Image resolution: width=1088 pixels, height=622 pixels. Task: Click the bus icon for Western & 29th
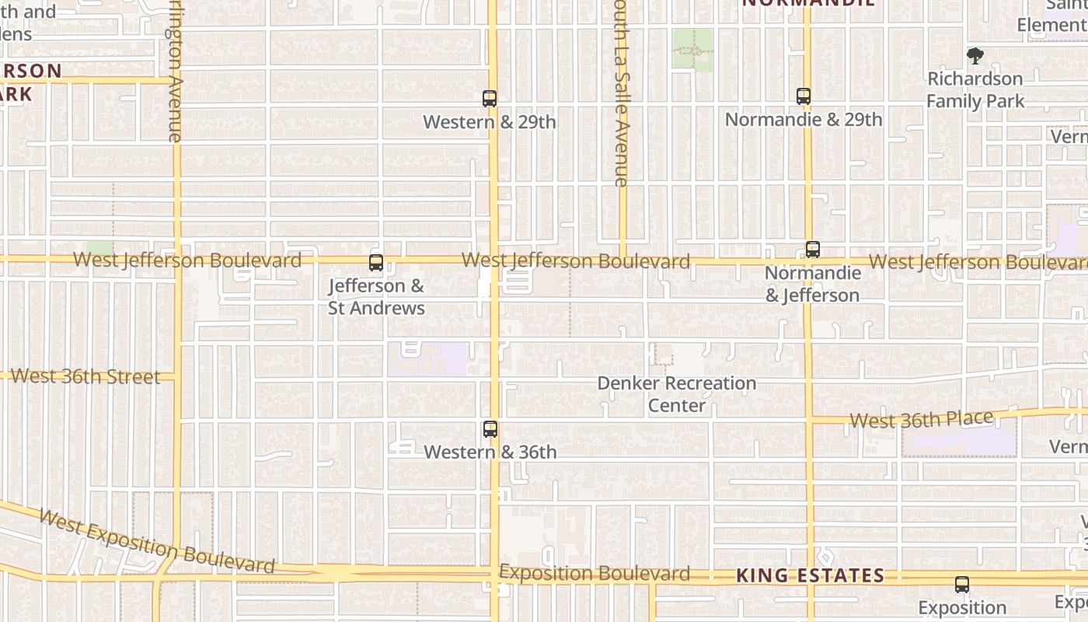490,99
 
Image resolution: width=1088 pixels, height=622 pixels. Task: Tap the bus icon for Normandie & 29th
804,96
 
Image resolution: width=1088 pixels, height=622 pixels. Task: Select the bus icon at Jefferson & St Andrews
376,263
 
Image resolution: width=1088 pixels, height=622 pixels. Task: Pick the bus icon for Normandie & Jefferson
813,250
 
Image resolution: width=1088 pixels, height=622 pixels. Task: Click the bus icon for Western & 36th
490,429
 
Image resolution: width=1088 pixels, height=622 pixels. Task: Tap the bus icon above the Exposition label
962,585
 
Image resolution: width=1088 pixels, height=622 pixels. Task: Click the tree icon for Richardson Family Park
975,56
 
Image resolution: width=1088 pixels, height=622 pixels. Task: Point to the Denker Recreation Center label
677,394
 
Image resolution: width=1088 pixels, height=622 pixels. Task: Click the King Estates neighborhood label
810,575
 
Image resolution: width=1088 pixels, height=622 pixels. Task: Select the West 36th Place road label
921,420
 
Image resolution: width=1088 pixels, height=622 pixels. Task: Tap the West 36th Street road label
85,376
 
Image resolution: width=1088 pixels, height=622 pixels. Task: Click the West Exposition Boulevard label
156,541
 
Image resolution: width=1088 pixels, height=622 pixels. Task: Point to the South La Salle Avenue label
619,93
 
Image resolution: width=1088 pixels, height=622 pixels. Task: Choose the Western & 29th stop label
490,122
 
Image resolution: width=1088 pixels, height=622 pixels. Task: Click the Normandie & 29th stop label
804,120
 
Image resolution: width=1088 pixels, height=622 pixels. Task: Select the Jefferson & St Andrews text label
376,297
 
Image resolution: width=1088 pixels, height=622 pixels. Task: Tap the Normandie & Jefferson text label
813,284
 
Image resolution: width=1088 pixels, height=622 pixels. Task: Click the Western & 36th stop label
490,452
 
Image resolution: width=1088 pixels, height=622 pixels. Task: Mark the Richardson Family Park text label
975,89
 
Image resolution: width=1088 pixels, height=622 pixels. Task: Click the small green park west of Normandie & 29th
692,51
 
